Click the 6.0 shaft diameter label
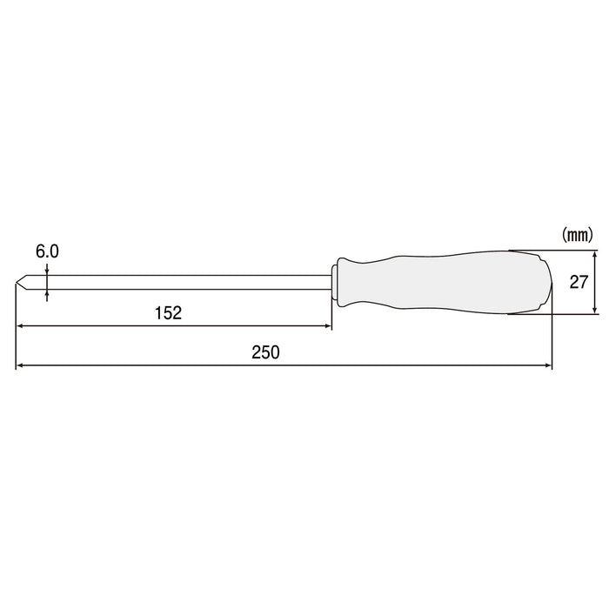coord(47,251)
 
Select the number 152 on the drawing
coord(170,313)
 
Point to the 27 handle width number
coord(579,282)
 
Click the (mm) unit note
coord(577,234)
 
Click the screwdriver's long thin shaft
coord(174,282)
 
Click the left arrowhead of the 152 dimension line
coord(21,327)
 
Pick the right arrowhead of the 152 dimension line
coord(327,327)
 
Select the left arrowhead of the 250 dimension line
coord(21,365)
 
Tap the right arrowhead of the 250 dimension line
coord(548,365)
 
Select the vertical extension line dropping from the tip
coord(16,331)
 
